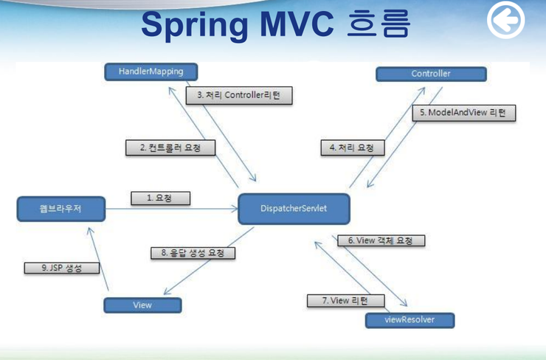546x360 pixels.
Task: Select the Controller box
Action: [x=431, y=74]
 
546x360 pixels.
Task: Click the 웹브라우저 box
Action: [x=61, y=209]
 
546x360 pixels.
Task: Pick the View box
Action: [x=142, y=305]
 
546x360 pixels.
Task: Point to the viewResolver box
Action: [x=409, y=320]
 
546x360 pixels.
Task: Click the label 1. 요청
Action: [x=160, y=198]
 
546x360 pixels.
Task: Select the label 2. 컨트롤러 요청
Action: [x=170, y=148]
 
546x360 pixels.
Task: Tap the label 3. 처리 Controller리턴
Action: [x=239, y=95]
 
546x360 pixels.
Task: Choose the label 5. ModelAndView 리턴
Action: [x=463, y=113]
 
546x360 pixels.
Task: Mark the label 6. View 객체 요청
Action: [x=381, y=240]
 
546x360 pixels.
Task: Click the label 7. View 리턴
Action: [x=336, y=300]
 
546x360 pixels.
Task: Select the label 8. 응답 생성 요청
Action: [x=193, y=253]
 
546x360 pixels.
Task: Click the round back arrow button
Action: [x=505, y=20]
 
